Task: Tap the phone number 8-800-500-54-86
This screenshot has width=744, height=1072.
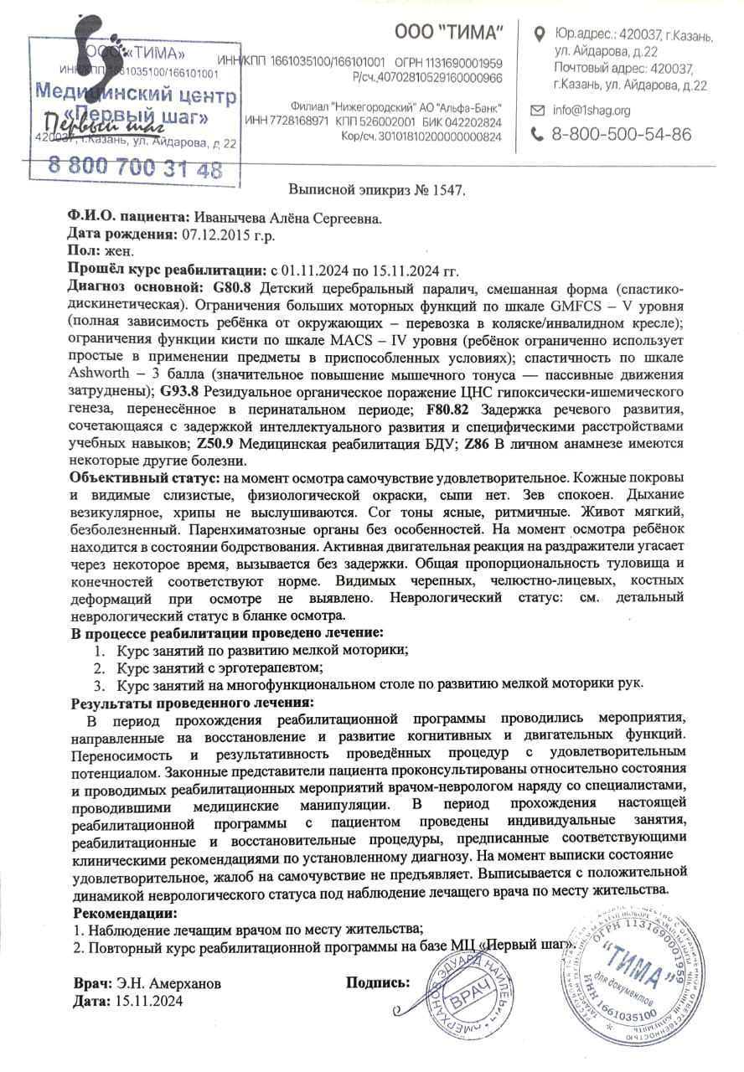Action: click(x=622, y=134)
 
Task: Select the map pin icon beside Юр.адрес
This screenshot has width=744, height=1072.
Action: click(x=540, y=34)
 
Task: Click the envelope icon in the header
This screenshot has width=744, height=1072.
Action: click(x=540, y=110)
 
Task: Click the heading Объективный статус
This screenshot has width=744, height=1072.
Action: click(x=143, y=477)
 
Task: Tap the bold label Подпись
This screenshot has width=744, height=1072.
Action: click(x=378, y=982)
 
